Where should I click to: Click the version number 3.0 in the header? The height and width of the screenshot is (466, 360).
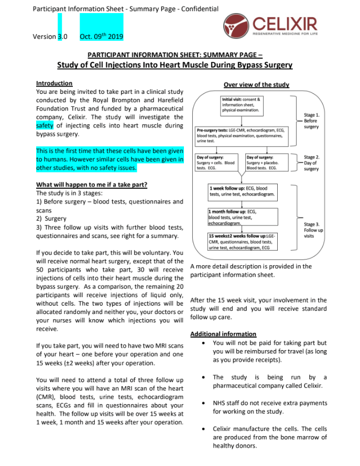(x=62, y=37)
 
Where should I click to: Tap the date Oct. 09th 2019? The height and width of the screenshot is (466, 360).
(x=102, y=37)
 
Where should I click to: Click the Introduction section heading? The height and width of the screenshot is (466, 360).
(x=54, y=83)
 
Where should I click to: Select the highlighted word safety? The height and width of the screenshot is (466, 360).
(x=45, y=126)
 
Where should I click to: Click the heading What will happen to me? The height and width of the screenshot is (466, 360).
(x=92, y=185)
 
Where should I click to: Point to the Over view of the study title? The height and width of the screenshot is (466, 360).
(x=256, y=84)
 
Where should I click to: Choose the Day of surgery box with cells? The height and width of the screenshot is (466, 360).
(x=216, y=162)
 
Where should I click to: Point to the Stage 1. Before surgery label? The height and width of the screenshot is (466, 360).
(x=311, y=121)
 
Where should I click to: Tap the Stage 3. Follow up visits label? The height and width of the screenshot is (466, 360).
(x=313, y=230)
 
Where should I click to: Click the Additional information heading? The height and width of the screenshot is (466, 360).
(x=223, y=334)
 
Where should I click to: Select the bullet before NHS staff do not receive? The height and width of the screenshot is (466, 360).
(x=202, y=403)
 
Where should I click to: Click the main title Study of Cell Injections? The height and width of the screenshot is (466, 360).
(x=174, y=66)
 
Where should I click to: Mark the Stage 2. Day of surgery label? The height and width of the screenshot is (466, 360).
(x=311, y=163)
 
